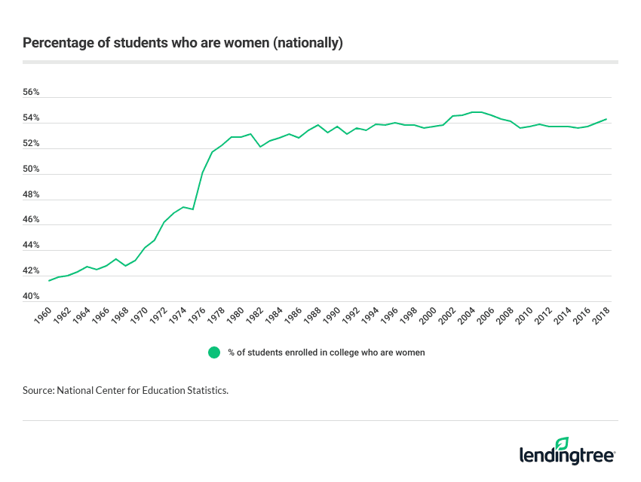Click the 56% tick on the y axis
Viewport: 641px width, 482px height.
(31, 93)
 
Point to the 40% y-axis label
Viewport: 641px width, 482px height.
(31, 297)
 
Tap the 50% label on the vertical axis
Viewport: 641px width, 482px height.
(31, 169)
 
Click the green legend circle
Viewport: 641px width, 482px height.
(214, 352)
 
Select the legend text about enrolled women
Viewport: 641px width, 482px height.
(327, 352)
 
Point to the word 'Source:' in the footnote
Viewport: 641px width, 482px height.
(38, 392)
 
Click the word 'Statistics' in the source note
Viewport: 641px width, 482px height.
(204, 392)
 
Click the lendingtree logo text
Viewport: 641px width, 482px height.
(567, 456)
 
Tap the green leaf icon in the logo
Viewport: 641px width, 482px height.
(562, 443)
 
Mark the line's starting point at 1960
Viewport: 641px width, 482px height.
(49, 281)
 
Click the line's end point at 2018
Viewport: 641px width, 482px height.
(606, 119)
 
